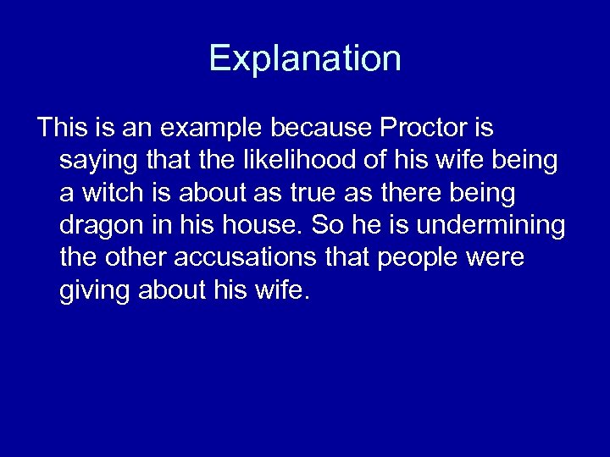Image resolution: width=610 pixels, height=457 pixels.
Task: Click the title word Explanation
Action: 305,59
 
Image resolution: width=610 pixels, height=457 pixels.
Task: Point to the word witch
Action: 109,193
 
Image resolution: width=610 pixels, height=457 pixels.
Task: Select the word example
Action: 210,128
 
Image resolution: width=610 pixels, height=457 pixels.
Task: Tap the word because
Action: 322,128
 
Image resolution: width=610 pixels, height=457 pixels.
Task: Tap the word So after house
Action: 326,225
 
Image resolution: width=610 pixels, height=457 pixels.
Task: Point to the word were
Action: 496,258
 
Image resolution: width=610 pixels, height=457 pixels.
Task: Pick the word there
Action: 411,193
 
